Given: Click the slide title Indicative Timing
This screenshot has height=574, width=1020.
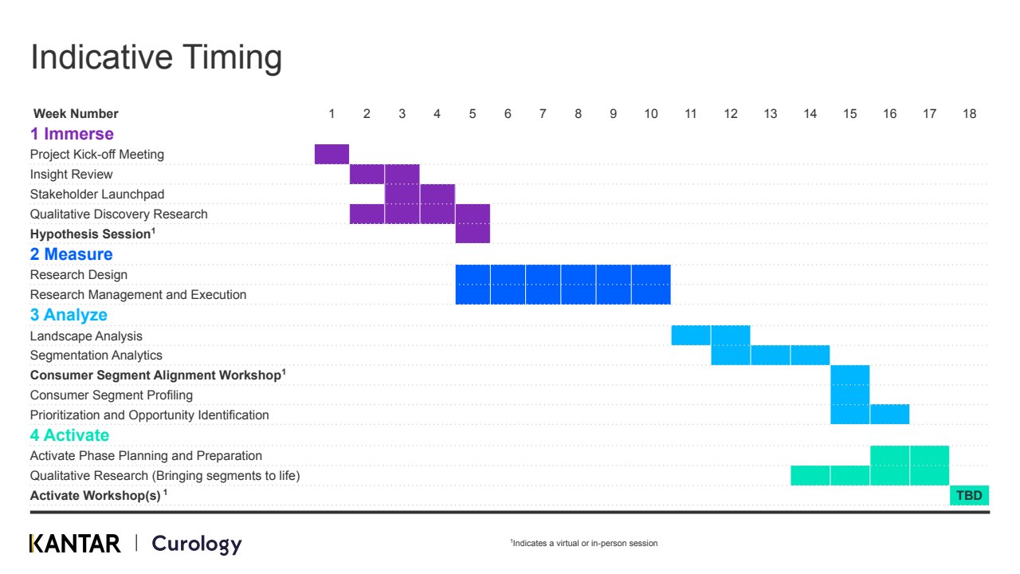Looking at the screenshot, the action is [x=156, y=58].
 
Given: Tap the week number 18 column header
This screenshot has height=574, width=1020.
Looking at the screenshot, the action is [x=970, y=113].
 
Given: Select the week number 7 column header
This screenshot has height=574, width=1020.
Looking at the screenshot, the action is [x=543, y=113].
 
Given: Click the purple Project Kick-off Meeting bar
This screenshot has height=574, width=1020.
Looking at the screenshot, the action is [x=331, y=154].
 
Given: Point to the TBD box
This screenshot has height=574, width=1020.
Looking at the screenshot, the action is [x=969, y=495].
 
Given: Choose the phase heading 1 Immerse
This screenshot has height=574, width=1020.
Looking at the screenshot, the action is [x=72, y=134].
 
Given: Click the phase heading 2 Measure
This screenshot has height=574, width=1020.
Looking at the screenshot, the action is [x=71, y=254].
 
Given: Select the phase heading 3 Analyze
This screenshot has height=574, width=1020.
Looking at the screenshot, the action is [x=69, y=315].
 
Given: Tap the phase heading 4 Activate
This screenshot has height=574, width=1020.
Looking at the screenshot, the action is [x=69, y=435].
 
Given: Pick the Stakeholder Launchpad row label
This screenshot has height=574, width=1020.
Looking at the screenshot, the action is [x=97, y=194].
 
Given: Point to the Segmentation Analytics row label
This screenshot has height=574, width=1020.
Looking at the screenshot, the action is [x=96, y=356].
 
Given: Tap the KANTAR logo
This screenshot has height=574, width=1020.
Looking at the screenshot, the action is [x=75, y=544].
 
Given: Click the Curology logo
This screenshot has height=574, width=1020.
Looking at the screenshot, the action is [x=197, y=545].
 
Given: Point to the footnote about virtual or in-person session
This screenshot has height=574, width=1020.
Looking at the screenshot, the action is [x=584, y=543].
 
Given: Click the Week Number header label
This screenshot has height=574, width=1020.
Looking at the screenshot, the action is [x=76, y=113].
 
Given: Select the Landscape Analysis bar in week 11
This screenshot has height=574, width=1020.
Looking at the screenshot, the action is [x=691, y=335].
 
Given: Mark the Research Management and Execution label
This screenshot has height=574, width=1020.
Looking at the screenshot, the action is [x=138, y=295].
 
